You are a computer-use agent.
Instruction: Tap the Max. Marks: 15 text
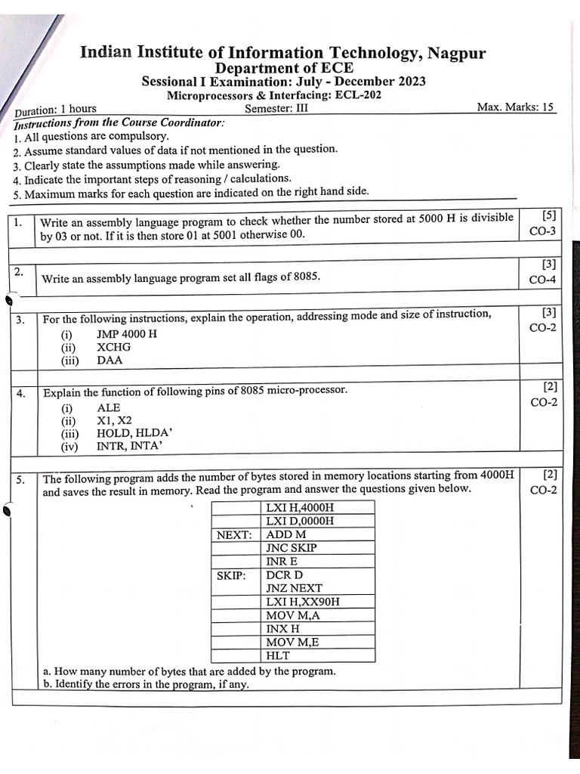tap(516, 107)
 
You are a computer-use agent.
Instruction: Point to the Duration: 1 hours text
tap(56, 109)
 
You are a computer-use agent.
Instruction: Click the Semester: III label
tap(276, 108)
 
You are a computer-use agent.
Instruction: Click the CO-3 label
tap(543, 231)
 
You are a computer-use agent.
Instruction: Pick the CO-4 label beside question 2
tap(543, 280)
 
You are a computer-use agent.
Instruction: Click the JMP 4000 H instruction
tap(127, 334)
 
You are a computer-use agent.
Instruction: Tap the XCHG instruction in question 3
tap(114, 347)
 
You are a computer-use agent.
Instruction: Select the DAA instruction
tap(110, 361)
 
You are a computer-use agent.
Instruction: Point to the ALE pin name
tap(109, 407)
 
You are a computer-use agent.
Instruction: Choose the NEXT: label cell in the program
tap(234, 534)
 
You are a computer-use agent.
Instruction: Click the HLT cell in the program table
tap(277, 656)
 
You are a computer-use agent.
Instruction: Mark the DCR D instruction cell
tap(285, 575)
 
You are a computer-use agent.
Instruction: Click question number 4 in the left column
tap(21, 394)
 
